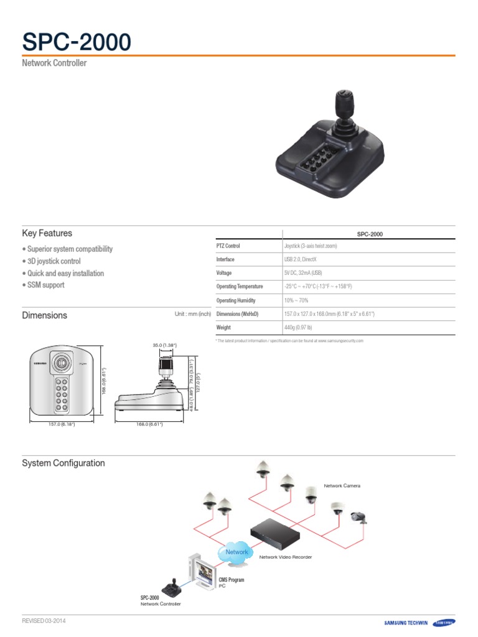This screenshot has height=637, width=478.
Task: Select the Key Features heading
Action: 47,233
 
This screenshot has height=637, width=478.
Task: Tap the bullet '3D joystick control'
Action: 52,261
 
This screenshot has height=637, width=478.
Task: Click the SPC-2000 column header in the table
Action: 370,234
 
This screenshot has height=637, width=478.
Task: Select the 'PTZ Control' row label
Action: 228,246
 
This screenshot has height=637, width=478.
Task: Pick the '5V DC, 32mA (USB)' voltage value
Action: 304,273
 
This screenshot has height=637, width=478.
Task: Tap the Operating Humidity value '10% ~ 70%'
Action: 296,300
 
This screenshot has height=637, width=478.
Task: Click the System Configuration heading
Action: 63,463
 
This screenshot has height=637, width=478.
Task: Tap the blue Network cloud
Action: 237,552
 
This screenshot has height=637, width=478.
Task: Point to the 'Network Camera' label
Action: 342,485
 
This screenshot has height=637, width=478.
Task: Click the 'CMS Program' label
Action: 231,580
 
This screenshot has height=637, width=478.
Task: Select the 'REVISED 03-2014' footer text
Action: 44,621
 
